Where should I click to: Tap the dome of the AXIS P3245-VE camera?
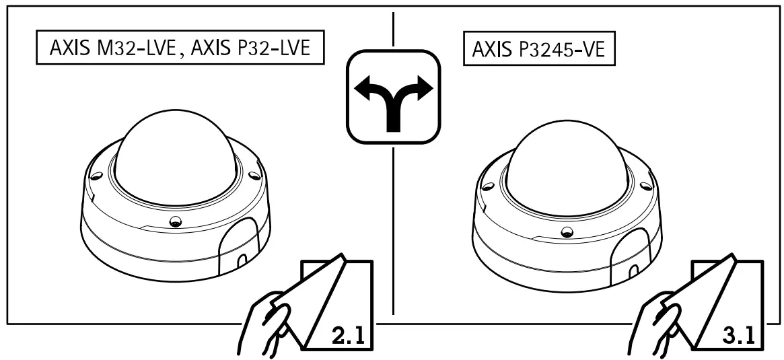(564, 161)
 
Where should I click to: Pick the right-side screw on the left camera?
(253, 176)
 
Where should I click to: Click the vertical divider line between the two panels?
(392, 202)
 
